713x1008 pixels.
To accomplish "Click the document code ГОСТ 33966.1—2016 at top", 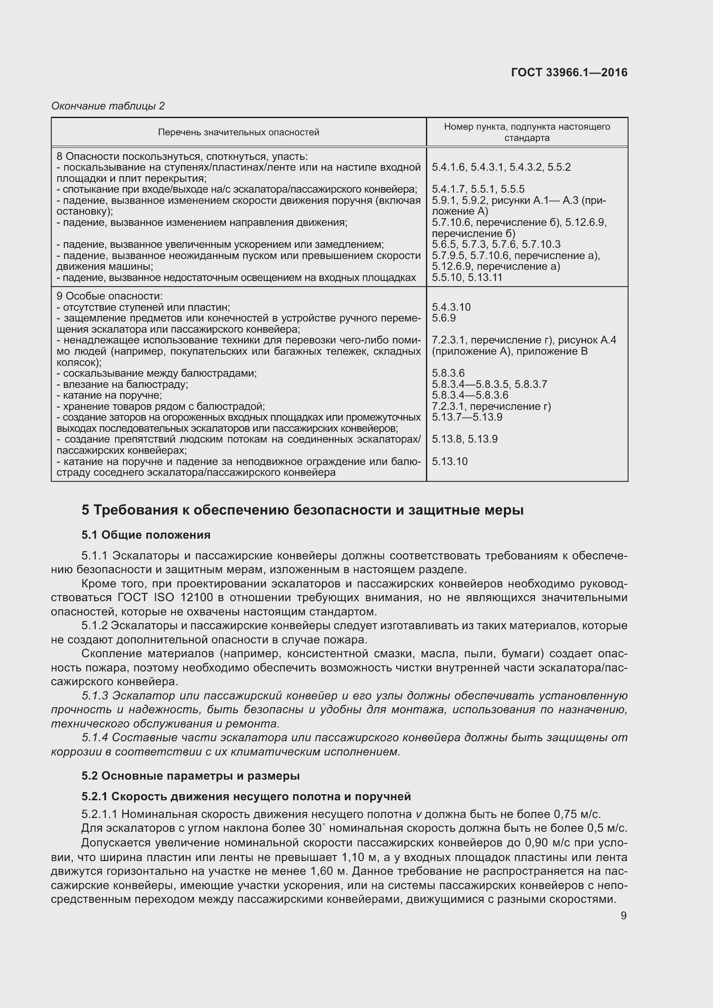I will tap(569, 72).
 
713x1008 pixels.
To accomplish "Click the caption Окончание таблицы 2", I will tap(108, 106).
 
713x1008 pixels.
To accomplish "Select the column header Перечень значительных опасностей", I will tap(238, 132).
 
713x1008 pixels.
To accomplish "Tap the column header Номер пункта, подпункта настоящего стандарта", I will tap(527, 132).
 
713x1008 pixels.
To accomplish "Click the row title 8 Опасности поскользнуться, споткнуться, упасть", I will tap(182, 156).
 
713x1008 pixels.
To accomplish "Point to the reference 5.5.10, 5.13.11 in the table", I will tap(467, 278).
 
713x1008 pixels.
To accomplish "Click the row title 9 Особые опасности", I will tap(110, 296).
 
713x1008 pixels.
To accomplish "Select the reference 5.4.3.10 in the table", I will tap(451, 307).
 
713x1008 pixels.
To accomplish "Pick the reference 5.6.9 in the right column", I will tap(444, 318).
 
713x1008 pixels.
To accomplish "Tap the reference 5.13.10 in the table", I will tap(450, 462).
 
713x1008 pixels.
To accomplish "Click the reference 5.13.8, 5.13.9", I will tap(465, 440).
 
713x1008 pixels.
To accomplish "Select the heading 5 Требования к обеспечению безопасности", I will tap(303, 510).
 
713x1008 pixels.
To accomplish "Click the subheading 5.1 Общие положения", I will tap(146, 535).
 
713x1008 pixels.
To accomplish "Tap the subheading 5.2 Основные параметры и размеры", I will tap(191, 776).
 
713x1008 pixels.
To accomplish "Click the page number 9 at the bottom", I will tap(623, 916).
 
